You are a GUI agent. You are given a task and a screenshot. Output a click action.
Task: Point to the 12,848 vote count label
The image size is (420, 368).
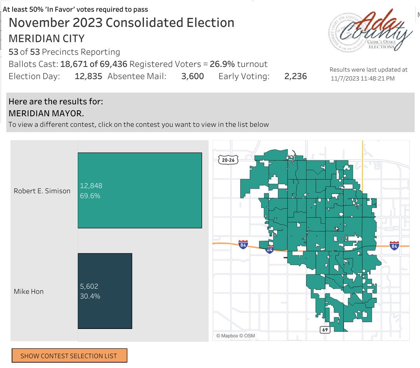point(91,186)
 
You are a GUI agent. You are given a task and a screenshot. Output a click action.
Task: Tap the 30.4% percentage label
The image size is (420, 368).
point(90,296)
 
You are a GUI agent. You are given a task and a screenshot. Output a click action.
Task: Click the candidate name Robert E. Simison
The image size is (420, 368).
point(42,191)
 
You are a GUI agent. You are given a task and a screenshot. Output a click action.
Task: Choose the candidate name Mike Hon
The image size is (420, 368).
point(29,291)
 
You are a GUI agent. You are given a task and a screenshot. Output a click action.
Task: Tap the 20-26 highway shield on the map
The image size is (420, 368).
point(228,160)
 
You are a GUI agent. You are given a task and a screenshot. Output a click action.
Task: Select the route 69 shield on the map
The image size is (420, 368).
point(325,330)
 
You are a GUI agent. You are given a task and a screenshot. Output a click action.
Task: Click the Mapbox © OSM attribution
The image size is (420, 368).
point(235,336)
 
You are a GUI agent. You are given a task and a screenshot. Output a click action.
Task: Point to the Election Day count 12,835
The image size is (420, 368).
point(88,76)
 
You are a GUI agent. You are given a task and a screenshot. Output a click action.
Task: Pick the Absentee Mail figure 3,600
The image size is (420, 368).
point(192,76)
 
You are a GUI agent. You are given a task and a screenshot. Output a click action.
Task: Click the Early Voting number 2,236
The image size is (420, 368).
point(295,76)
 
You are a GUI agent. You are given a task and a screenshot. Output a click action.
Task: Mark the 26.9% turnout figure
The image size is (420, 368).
point(222,64)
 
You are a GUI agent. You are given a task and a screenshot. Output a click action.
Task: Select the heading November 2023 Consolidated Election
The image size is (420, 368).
point(122,23)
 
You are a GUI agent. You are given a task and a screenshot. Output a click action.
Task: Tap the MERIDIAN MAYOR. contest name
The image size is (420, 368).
point(46,113)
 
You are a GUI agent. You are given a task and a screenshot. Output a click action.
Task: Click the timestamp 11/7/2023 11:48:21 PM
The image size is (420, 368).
point(363,78)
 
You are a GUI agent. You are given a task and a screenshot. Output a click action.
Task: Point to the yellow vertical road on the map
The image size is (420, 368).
point(363,162)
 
